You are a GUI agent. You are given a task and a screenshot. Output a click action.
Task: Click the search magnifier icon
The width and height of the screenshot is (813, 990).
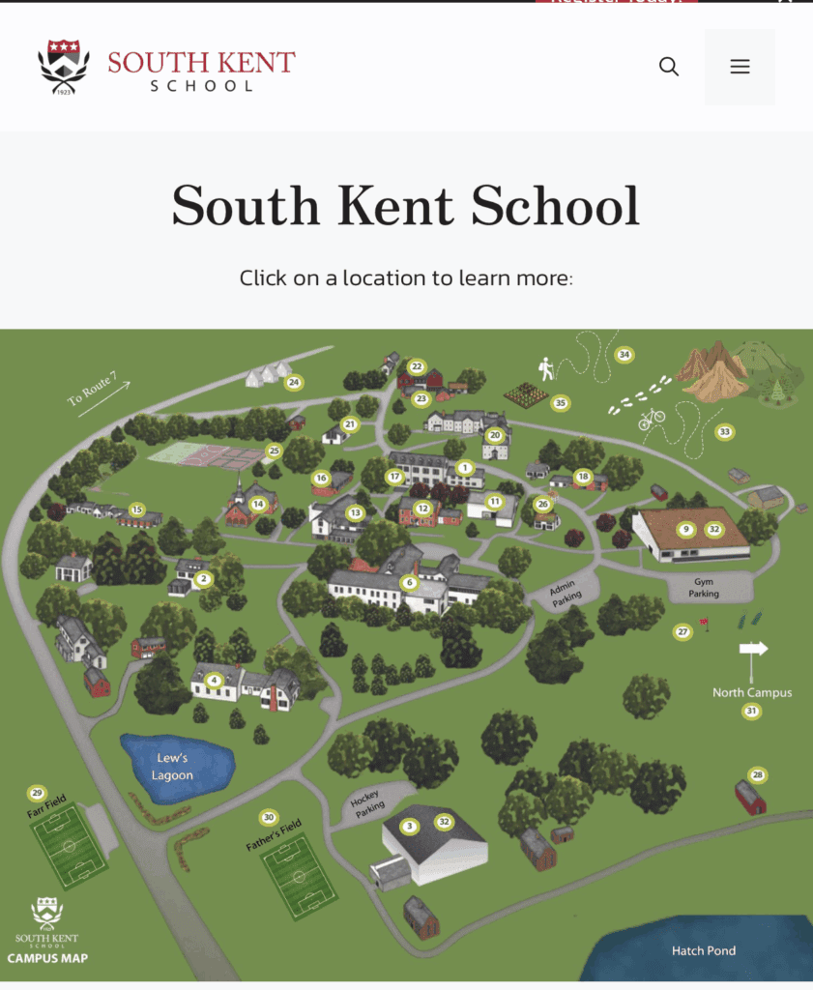669,67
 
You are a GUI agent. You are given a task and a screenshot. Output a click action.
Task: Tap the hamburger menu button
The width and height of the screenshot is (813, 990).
740,67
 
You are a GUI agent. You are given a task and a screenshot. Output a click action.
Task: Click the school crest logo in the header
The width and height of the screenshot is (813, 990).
63,66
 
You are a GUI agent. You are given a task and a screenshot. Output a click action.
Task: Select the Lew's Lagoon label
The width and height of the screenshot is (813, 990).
172,767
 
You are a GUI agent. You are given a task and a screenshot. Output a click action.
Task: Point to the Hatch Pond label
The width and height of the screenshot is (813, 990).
704,950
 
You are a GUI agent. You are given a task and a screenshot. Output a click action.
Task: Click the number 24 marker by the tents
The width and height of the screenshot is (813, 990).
294,383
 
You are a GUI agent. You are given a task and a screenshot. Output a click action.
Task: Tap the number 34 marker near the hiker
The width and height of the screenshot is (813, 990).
624,355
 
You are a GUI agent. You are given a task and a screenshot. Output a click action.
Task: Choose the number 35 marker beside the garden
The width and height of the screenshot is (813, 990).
560,402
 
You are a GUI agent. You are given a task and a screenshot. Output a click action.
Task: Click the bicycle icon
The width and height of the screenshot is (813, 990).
652,419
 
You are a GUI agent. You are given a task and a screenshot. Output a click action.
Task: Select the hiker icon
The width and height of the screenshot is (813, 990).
547,368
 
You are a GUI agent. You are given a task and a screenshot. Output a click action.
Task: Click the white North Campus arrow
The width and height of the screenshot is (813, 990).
753,649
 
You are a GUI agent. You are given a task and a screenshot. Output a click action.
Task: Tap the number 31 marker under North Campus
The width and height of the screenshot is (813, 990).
751,712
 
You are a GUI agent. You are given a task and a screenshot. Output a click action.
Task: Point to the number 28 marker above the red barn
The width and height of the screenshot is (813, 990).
758,775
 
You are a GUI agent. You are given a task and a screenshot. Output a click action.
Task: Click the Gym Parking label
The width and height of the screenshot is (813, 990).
704,588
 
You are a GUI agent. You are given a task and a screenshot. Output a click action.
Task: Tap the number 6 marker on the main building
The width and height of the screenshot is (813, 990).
410,583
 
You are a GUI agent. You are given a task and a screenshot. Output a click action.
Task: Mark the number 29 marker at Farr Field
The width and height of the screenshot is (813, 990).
38,794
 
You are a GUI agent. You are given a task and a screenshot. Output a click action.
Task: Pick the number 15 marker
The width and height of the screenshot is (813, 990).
137,510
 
